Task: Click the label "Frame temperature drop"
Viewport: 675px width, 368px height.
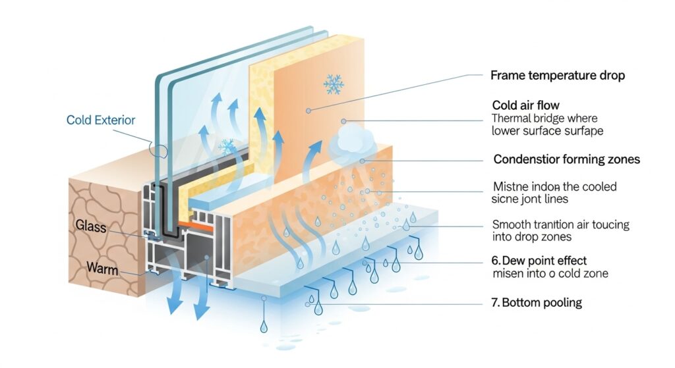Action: tap(558, 76)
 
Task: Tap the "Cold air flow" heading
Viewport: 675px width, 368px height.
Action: tap(526, 105)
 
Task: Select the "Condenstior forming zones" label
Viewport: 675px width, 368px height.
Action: tap(566, 159)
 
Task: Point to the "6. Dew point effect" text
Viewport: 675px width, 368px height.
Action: tap(540, 261)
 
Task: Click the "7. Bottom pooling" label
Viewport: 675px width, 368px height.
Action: tap(541, 303)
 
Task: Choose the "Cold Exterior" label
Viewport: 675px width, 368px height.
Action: tap(101, 120)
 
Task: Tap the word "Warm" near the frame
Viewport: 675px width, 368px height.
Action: tap(102, 268)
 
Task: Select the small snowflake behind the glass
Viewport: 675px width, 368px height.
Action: tap(226, 145)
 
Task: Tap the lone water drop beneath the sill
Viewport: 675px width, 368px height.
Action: tap(264, 326)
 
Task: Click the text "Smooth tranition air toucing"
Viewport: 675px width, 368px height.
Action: tap(560, 224)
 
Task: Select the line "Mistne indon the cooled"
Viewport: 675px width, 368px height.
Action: tap(554, 187)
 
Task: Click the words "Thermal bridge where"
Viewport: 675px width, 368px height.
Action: tap(544, 118)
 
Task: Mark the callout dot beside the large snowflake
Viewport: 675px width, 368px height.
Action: tap(308, 111)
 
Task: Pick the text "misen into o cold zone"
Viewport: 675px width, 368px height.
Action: tap(550, 273)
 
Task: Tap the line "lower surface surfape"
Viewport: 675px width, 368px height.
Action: tap(547, 131)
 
